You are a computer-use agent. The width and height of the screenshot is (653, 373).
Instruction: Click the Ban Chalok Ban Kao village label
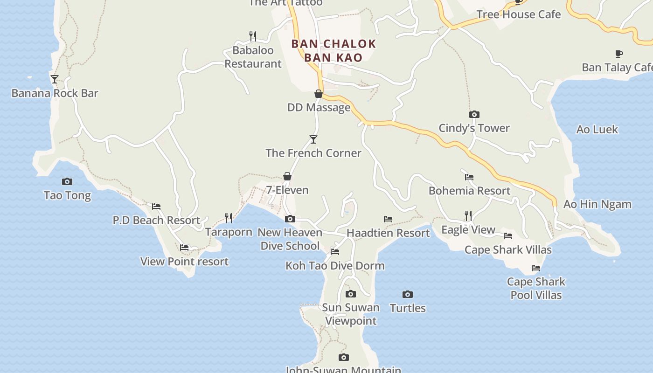pyautogui.click(x=333, y=50)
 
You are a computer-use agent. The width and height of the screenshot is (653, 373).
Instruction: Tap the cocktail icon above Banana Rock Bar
pyautogui.click(x=55, y=79)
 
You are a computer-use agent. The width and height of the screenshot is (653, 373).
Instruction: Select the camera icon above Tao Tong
pyautogui.click(x=67, y=181)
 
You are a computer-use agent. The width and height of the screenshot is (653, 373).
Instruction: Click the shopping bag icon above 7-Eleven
pyautogui.click(x=287, y=176)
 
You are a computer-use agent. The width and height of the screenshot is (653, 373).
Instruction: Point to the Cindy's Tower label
pyautogui.click(x=474, y=128)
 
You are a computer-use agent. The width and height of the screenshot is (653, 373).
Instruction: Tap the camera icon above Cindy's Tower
pyautogui.click(x=474, y=114)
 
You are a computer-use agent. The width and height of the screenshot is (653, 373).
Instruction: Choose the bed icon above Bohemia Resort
pyautogui.click(x=469, y=177)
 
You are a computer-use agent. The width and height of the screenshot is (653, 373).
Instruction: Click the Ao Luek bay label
pyautogui.click(x=597, y=129)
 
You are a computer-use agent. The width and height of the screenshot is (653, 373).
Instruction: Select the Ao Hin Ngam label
pyautogui.click(x=597, y=204)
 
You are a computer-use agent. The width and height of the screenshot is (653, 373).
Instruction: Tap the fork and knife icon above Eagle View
pyautogui.click(x=468, y=215)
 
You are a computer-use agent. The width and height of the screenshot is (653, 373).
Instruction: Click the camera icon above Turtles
pyautogui.click(x=408, y=294)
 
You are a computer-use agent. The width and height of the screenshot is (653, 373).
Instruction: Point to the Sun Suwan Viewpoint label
pyautogui.click(x=351, y=314)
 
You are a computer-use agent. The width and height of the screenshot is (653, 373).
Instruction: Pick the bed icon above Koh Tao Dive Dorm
pyautogui.click(x=335, y=252)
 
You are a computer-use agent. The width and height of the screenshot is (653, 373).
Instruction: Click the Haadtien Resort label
pyautogui.click(x=388, y=233)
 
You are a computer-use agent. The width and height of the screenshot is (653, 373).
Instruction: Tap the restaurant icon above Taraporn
pyautogui.click(x=229, y=218)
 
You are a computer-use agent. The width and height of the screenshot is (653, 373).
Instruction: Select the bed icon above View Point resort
pyautogui.click(x=184, y=248)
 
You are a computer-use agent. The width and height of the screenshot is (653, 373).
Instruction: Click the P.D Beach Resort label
pyautogui.click(x=156, y=220)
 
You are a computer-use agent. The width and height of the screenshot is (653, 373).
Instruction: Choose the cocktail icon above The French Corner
pyautogui.click(x=313, y=139)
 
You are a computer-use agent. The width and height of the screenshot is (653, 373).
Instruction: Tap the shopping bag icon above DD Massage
pyautogui.click(x=319, y=94)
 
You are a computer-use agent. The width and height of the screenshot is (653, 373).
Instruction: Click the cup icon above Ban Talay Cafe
pyautogui.click(x=619, y=54)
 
